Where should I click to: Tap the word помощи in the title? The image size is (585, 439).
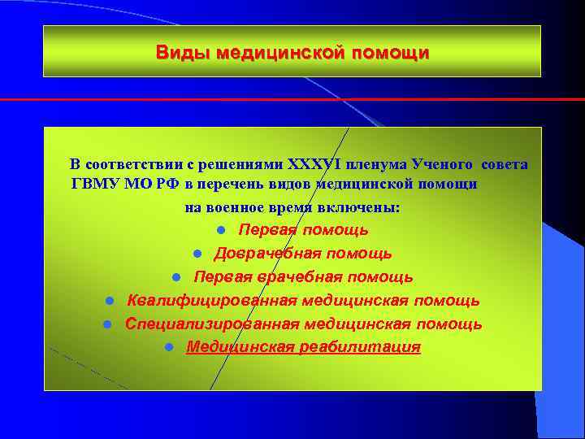pyautogui.click(x=390, y=54)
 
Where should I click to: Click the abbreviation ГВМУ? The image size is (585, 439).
pyautogui.click(x=93, y=184)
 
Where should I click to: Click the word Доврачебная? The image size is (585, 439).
pyautogui.click(x=265, y=254)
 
